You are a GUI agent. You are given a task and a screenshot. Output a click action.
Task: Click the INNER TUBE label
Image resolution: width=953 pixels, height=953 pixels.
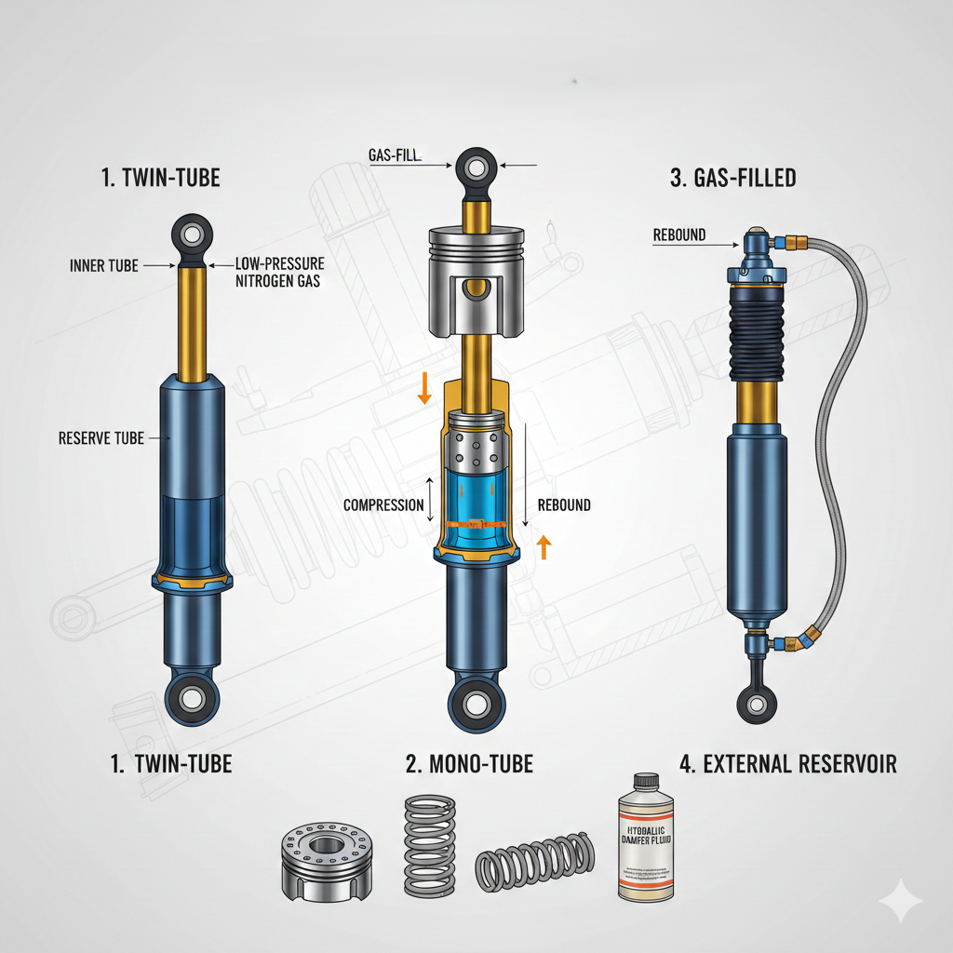click(x=103, y=266)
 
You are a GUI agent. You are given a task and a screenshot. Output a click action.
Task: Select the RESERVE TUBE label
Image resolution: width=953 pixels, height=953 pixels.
click(x=101, y=437)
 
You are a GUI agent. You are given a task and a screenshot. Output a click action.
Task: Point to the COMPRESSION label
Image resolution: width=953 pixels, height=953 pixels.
click(x=383, y=505)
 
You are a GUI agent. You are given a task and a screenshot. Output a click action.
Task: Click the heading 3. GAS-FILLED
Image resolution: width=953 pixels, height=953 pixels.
click(x=732, y=178)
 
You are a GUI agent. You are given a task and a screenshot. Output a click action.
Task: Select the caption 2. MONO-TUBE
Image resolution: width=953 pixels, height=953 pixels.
click(x=469, y=765)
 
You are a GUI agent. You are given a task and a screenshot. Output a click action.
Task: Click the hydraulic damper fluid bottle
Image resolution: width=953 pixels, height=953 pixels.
click(x=645, y=842)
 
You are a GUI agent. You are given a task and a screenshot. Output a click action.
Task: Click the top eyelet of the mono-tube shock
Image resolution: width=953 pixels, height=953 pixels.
click(x=476, y=168)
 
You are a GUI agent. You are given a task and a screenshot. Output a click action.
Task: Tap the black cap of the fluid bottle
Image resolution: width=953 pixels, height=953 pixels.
click(x=645, y=781)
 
